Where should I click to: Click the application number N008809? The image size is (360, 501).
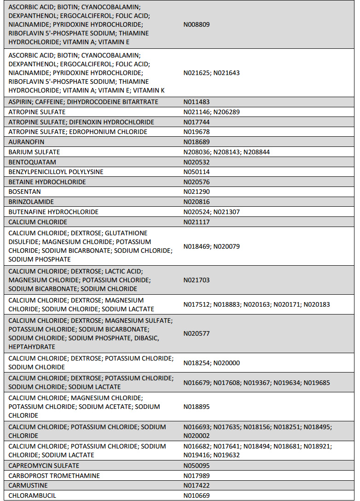(x=197, y=24)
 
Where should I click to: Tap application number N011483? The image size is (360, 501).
(x=197, y=102)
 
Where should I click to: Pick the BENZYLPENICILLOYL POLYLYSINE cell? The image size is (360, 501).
(x=56, y=172)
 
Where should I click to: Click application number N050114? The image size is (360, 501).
(x=197, y=172)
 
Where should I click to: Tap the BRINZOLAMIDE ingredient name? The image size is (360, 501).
(x=31, y=202)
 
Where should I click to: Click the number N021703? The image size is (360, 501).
(x=197, y=280)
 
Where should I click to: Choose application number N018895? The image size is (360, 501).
(x=197, y=407)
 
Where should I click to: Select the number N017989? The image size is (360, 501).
(x=197, y=476)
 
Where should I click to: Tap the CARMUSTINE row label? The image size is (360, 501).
(x=28, y=486)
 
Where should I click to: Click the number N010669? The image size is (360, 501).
(x=197, y=496)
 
